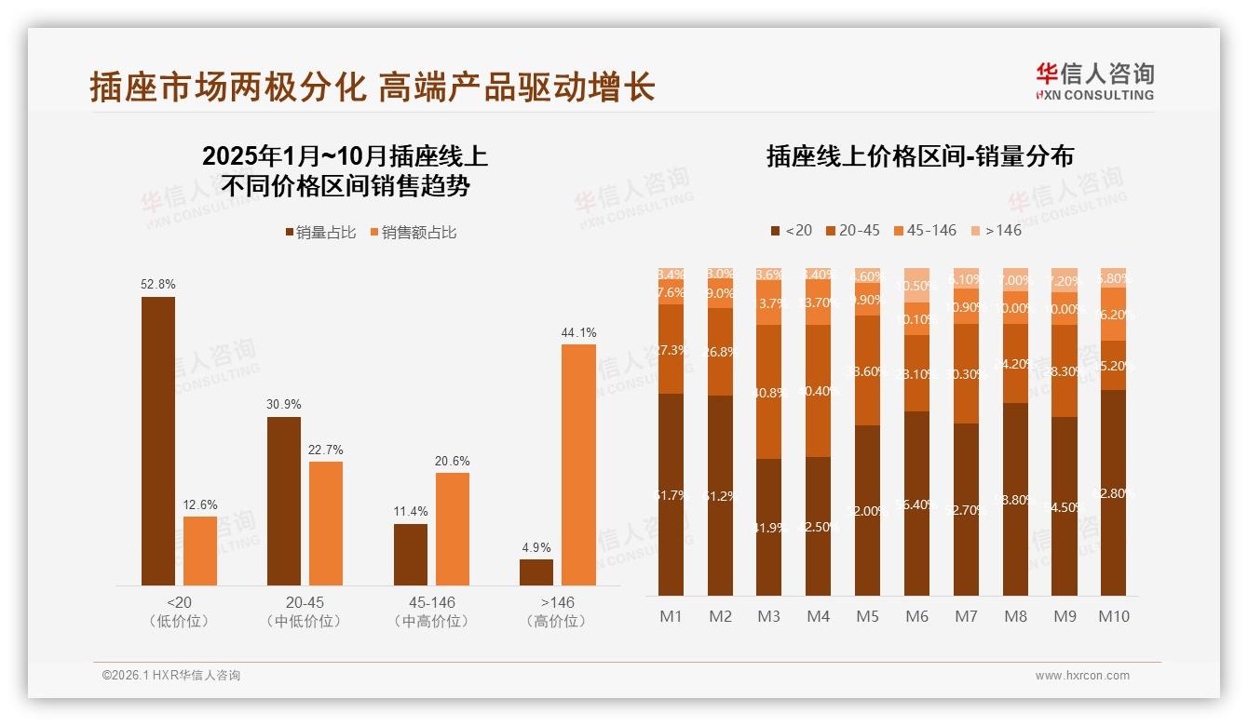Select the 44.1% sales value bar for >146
(x=578, y=464)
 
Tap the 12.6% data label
(x=200, y=505)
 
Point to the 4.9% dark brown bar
(x=536, y=571)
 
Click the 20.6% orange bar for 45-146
(x=453, y=529)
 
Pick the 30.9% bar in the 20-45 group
(x=284, y=501)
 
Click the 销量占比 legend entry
(x=320, y=233)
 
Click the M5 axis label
(x=867, y=616)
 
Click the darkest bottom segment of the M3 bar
(x=768, y=527)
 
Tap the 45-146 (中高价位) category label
(x=431, y=612)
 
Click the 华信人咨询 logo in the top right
(x=1094, y=80)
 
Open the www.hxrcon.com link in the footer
(x=1082, y=676)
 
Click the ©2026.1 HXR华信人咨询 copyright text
(x=171, y=676)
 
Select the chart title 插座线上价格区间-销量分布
(x=919, y=156)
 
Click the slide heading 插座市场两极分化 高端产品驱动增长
(x=373, y=87)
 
